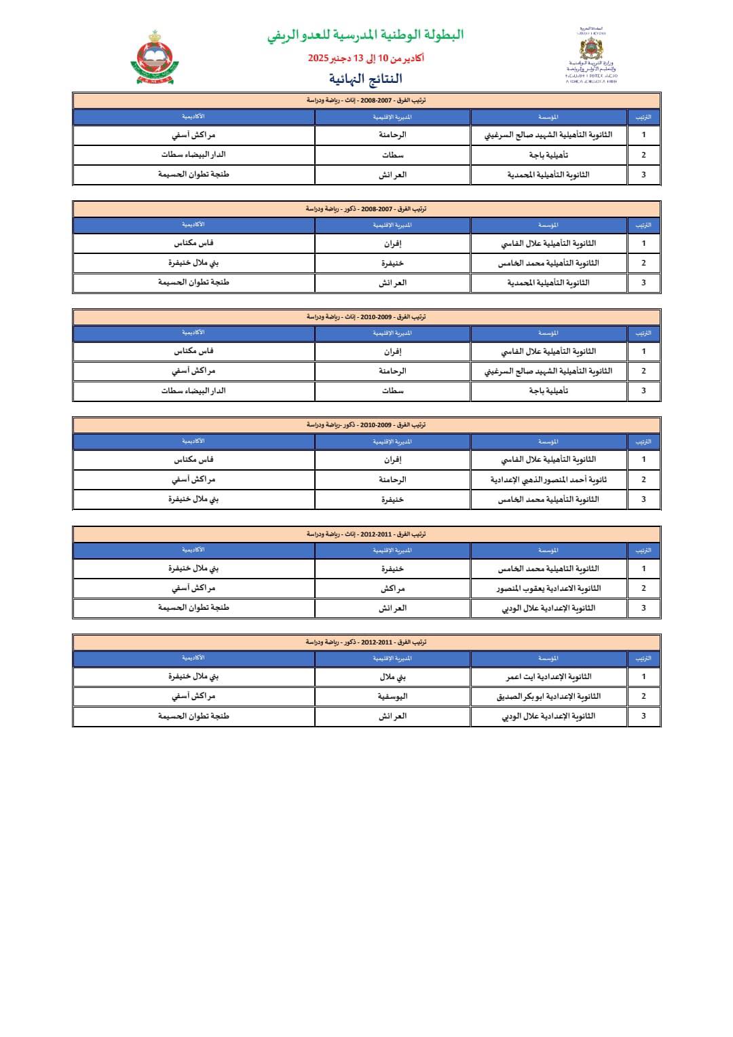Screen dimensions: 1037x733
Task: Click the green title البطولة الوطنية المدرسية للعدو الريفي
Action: coord(365,35)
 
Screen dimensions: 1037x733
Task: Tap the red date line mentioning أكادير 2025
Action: coord(366,58)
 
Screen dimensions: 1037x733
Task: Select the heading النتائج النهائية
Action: coord(366,79)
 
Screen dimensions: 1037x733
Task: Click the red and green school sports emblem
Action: coord(155,58)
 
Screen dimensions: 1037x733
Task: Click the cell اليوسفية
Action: coord(392,696)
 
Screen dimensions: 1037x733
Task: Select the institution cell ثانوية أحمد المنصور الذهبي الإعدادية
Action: coord(548,479)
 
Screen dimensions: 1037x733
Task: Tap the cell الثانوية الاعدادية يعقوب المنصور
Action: coord(548,588)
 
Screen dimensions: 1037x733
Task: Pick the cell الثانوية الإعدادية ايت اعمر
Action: coord(548,676)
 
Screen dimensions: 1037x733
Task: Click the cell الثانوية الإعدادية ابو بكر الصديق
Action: coord(548,696)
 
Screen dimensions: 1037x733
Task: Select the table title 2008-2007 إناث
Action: coord(366,101)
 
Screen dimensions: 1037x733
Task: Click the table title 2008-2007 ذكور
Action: coord(366,209)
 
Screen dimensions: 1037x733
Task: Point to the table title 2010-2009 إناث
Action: coord(366,317)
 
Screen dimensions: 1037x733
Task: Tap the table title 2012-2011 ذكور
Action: coord(366,642)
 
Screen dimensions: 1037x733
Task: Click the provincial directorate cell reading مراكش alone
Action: coord(392,588)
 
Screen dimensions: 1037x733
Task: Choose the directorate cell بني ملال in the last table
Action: coord(392,676)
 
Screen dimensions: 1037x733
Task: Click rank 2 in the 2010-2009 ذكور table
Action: coord(643,479)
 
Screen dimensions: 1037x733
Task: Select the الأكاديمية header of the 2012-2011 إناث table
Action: coord(193,550)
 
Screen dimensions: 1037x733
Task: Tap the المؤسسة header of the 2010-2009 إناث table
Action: coord(548,333)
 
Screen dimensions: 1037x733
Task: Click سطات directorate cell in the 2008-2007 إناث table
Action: coord(392,155)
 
